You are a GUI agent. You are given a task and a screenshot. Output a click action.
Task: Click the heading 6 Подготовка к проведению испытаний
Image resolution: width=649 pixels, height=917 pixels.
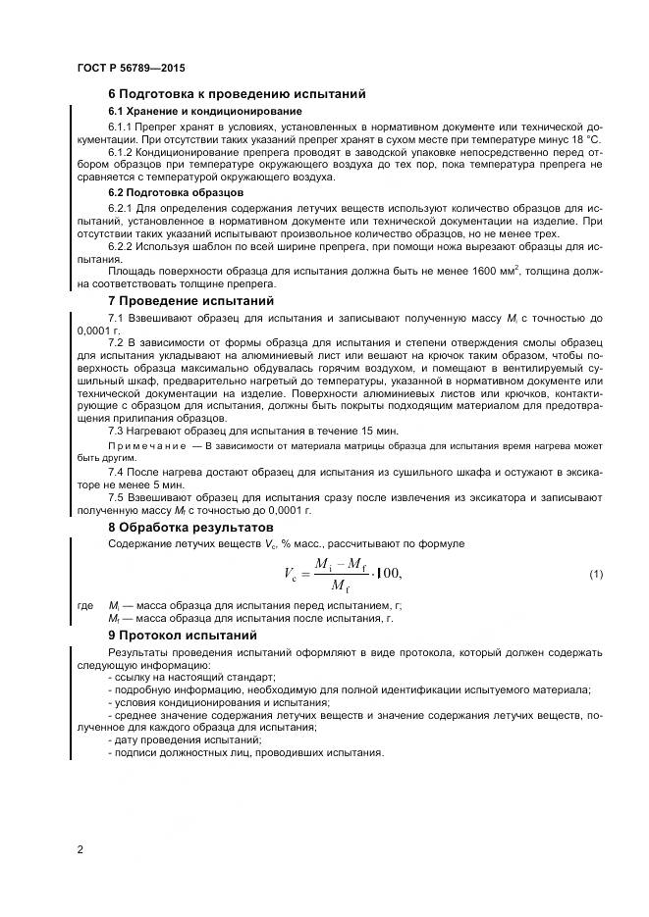pos(237,94)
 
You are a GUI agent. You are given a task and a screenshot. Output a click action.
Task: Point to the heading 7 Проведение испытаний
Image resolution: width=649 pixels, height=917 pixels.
pos(190,301)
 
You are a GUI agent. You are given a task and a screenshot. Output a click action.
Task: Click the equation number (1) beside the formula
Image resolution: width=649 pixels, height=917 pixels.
pos(596,573)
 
